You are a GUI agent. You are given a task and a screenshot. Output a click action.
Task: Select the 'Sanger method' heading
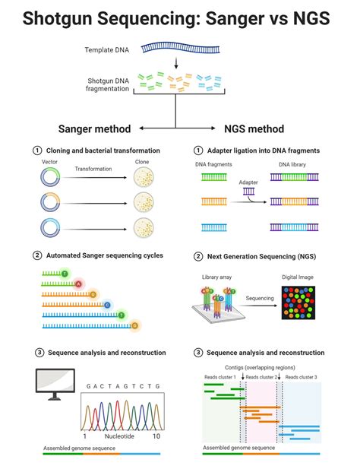pyautogui.click(x=95, y=128)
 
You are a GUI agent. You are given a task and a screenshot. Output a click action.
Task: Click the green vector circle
pyautogui.click(x=49, y=177)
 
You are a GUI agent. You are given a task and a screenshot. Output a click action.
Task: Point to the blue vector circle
pyautogui.click(x=49, y=227)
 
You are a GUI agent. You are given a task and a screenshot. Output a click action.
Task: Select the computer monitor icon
pyautogui.click(x=55, y=383)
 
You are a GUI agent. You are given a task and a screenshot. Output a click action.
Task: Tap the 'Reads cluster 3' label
pyautogui.click(x=301, y=377)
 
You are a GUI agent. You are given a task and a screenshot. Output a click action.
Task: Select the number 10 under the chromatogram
pyautogui.click(x=156, y=437)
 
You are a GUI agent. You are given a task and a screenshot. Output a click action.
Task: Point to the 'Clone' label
pyautogui.click(x=142, y=162)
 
